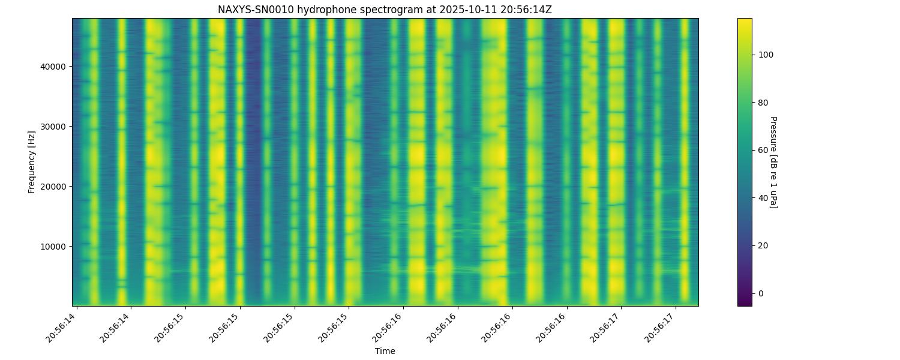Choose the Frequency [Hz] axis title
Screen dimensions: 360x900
point(32,162)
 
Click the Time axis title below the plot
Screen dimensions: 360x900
point(385,351)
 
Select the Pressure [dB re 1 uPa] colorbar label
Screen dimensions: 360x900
point(773,162)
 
